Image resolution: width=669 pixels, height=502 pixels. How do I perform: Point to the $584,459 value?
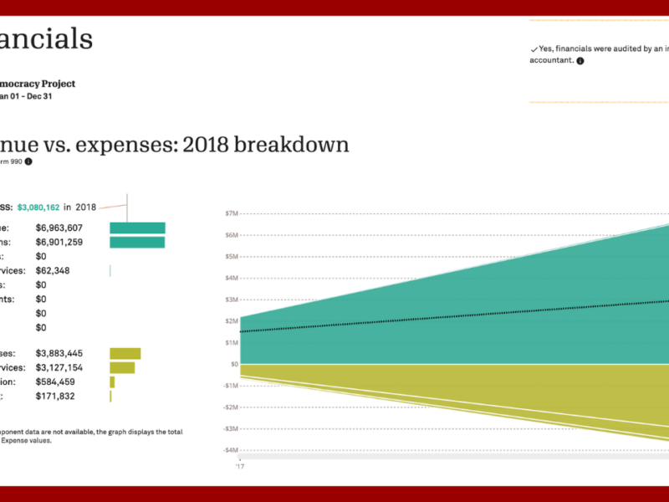[54, 382]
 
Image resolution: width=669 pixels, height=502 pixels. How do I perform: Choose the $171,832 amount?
[54, 396]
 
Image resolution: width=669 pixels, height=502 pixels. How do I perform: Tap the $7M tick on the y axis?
[232, 213]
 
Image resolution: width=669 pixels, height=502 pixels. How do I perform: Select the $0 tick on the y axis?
[234, 364]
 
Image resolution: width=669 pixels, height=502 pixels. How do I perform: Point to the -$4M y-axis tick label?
[231, 450]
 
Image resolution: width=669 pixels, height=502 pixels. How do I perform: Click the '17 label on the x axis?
[240, 467]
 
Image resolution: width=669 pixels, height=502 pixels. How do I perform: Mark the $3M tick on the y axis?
[232, 300]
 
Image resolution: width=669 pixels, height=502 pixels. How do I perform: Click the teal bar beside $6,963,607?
[137, 228]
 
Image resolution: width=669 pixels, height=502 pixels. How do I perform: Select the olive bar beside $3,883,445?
[125, 354]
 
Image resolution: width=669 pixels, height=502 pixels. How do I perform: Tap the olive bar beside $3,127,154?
[122, 368]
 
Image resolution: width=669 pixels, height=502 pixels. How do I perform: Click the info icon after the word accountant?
[580, 61]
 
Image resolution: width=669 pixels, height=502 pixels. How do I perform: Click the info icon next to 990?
[28, 161]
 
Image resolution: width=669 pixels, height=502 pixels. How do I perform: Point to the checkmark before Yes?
[534, 49]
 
